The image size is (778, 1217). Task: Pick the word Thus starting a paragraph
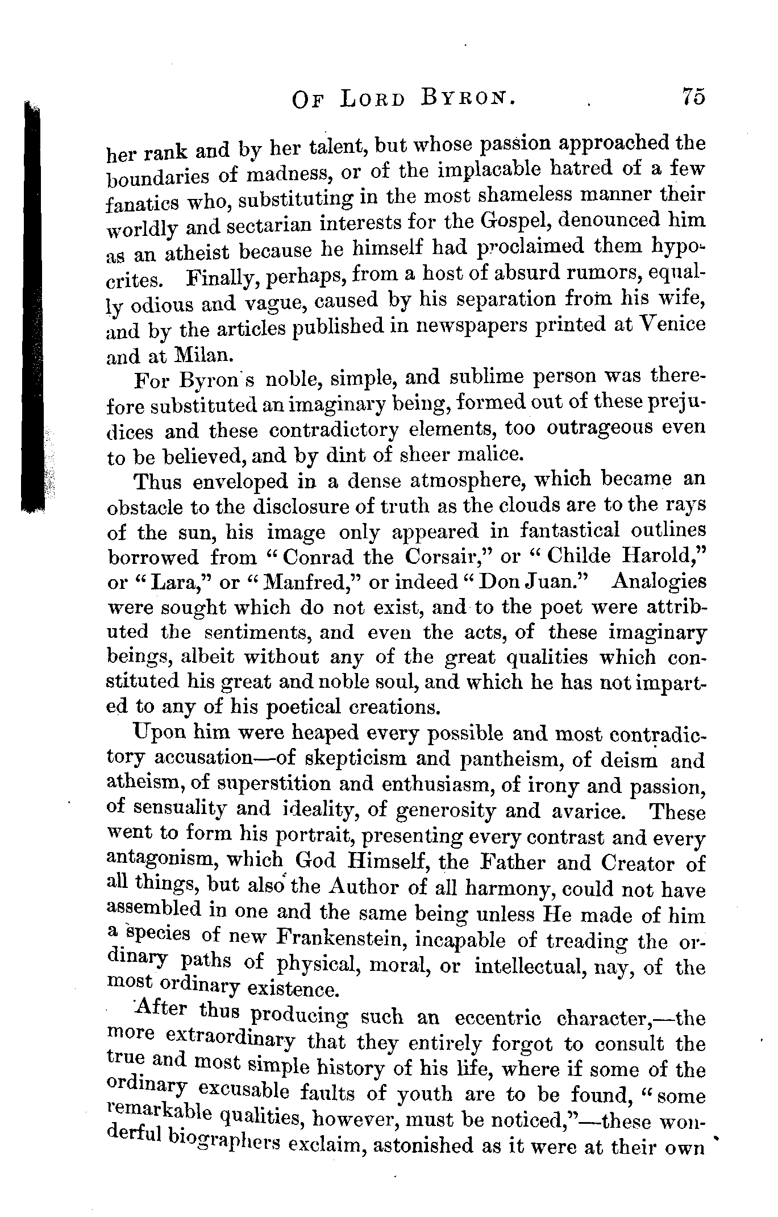(158, 481)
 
